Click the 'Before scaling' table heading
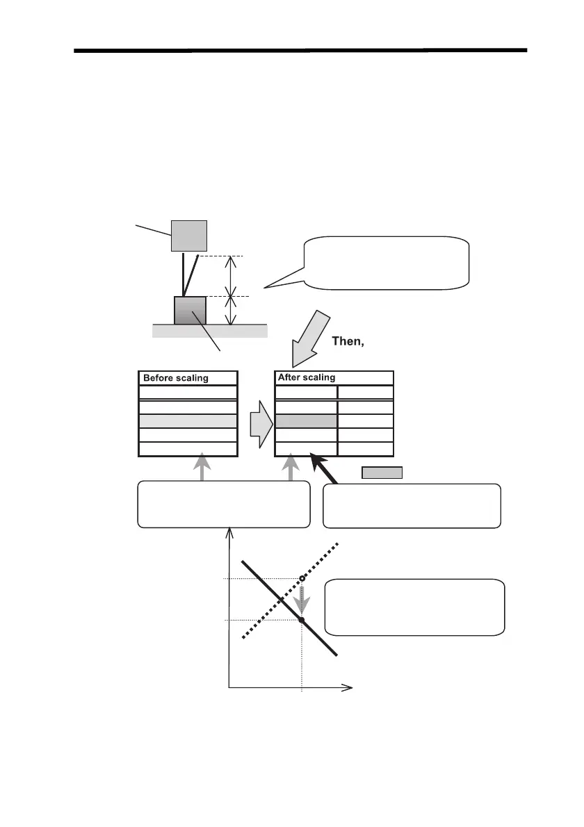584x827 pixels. (x=175, y=379)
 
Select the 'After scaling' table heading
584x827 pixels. (x=307, y=378)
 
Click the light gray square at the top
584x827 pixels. (x=190, y=236)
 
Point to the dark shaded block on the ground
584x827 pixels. (x=190, y=310)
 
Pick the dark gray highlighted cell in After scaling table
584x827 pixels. (x=307, y=421)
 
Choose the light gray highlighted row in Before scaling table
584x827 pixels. (x=188, y=421)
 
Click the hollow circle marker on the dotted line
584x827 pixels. (x=302, y=579)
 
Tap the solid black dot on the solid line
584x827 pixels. (x=302, y=619)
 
